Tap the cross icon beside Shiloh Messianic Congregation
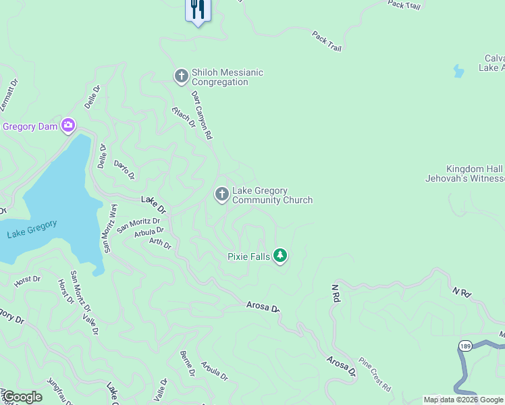(181, 76)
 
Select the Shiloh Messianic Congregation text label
(228, 77)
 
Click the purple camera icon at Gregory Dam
(68, 125)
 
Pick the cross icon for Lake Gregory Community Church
(221, 195)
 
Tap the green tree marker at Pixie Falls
(281, 256)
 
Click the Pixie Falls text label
(248, 256)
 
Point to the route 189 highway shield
(464, 346)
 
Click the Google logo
(22, 396)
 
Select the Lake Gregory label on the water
(32, 229)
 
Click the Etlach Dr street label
(184, 117)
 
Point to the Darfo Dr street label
(124, 169)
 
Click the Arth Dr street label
(160, 243)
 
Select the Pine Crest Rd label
(375, 375)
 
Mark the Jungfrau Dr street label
(59, 392)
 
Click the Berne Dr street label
(187, 363)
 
